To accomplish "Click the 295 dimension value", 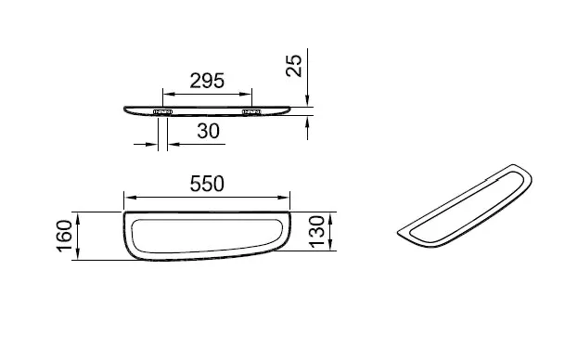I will (207, 81).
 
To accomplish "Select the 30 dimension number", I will (207, 132).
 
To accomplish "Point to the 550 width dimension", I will (207, 184).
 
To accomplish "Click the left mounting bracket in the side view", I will (164, 112).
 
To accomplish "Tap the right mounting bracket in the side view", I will (250, 112).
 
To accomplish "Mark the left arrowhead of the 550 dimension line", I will (129, 197).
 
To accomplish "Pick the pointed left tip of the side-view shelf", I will (124, 109).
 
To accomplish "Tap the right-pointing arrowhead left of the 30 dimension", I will (153, 143).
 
